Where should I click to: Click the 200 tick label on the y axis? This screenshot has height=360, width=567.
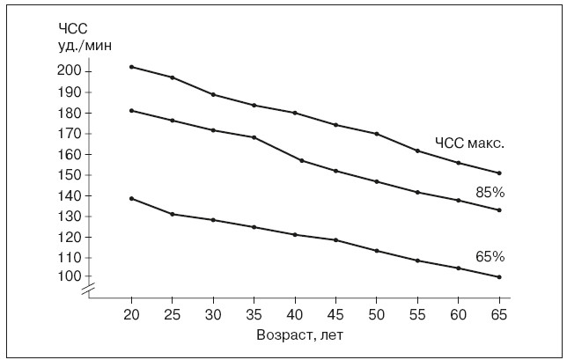69,70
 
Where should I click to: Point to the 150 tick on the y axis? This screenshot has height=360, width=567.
69,174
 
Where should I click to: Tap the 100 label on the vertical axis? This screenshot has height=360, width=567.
69,276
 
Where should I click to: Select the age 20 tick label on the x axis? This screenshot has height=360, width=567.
131,314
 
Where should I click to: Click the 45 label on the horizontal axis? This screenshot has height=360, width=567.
335,314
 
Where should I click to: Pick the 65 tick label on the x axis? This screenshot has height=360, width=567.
499,314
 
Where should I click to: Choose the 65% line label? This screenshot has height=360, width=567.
490,257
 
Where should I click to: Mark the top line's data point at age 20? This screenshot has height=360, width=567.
131,67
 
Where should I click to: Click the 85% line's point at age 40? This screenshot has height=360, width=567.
302,160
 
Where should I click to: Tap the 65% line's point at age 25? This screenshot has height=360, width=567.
173,214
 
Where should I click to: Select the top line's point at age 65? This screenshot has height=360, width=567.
499,173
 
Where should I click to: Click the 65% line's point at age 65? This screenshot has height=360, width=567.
499,277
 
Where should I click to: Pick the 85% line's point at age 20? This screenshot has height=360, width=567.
131,110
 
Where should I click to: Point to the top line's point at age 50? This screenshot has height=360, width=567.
376,134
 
